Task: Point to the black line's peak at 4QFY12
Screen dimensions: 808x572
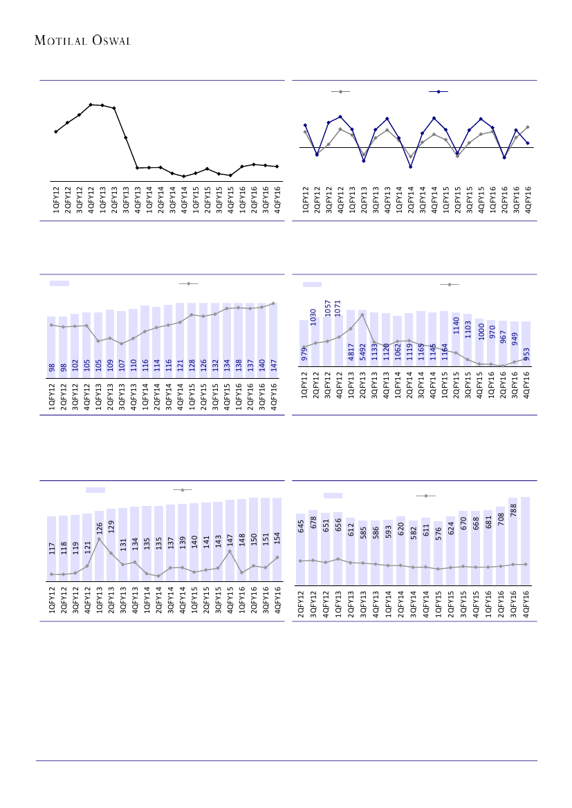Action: [91, 104]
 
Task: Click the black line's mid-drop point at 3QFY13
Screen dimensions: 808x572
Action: [126, 138]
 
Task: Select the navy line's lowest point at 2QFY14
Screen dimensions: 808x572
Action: [410, 167]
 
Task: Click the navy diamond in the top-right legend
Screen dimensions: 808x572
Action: [439, 91]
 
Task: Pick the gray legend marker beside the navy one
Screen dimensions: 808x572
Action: [340, 91]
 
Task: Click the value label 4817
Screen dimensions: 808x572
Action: [351, 352]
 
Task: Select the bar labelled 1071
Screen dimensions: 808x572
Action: [339, 339]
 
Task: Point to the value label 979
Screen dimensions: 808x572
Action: [304, 353]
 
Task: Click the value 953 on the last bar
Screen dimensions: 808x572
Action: [526, 353]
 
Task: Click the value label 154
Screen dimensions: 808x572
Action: [277, 538]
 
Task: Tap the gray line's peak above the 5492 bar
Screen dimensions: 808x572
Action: [362, 315]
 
